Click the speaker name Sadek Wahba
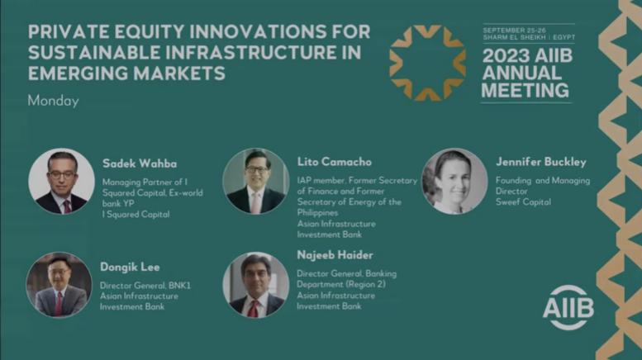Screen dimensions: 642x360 [x=140, y=163]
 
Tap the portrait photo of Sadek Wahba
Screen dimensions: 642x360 [x=61, y=181]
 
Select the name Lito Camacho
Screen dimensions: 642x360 [x=335, y=162]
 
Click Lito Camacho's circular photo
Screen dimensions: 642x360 [x=256, y=181]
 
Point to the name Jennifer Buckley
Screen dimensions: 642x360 [x=541, y=162]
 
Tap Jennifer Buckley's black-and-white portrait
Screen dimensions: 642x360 [x=454, y=181]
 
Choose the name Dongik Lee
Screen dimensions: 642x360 [x=130, y=268]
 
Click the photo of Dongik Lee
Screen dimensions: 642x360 [x=59, y=285]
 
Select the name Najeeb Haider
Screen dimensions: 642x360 [x=335, y=255]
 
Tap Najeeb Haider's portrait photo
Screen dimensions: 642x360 [x=256, y=285]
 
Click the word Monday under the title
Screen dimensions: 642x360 [x=53, y=101]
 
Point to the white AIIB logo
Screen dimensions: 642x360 [x=568, y=307]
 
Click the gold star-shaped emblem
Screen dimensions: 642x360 [x=427, y=63]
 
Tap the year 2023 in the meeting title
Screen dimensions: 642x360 [x=503, y=56]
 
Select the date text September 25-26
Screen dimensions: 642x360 [x=514, y=31]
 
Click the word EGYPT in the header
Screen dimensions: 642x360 [x=564, y=37]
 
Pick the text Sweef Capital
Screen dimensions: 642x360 [x=523, y=202]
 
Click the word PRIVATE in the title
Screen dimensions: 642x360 [x=69, y=32]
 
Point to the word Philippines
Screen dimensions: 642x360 [x=318, y=213]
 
